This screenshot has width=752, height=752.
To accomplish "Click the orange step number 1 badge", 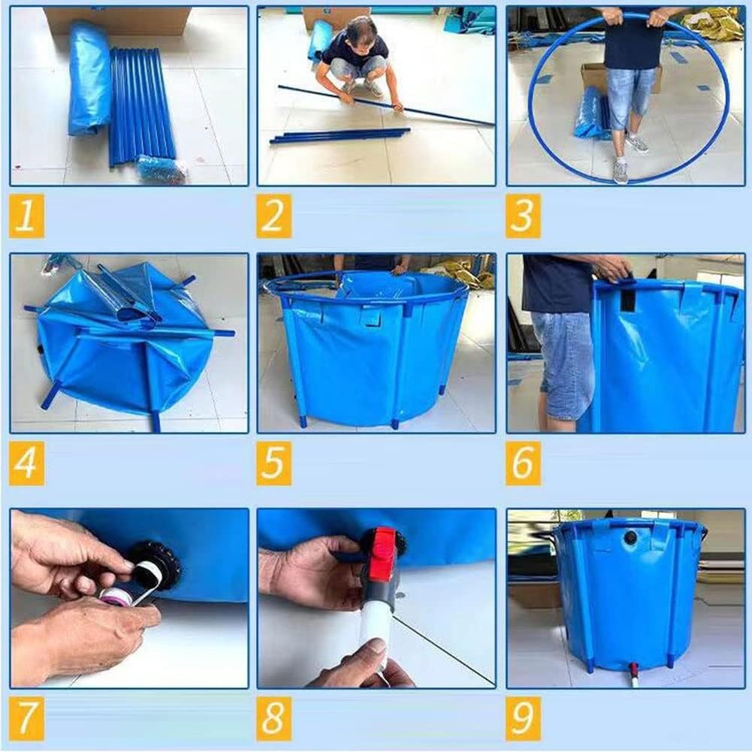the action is [x=27, y=216].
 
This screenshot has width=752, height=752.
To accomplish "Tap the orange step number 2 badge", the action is [x=274, y=216].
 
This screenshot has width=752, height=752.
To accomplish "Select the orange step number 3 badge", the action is [x=523, y=216].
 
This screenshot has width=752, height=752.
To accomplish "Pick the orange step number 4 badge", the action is [x=27, y=464].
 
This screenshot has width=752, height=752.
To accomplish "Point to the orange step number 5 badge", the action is [x=274, y=464].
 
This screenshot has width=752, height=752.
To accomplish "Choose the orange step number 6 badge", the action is [x=523, y=464].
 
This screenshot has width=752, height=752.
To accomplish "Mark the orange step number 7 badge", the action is [x=27, y=718].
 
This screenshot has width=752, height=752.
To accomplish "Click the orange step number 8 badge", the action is [x=274, y=718].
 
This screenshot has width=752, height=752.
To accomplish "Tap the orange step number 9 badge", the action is [x=523, y=718].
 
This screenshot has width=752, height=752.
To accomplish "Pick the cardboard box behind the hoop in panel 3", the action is [x=595, y=77].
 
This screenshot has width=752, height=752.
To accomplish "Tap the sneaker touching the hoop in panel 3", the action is [x=620, y=172].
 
